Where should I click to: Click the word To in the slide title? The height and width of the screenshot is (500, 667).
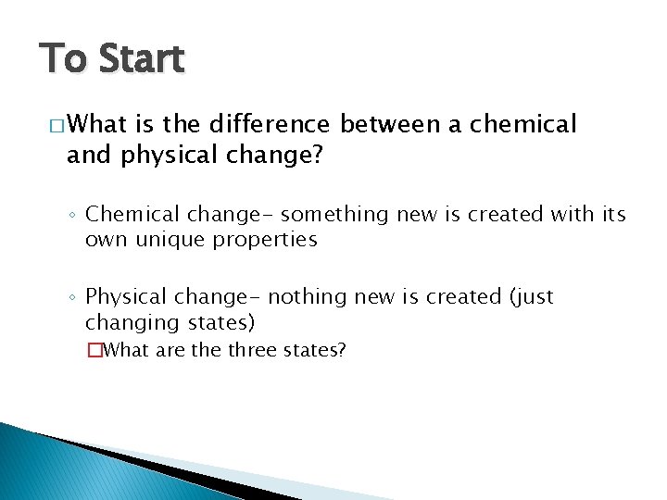(63, 59)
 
